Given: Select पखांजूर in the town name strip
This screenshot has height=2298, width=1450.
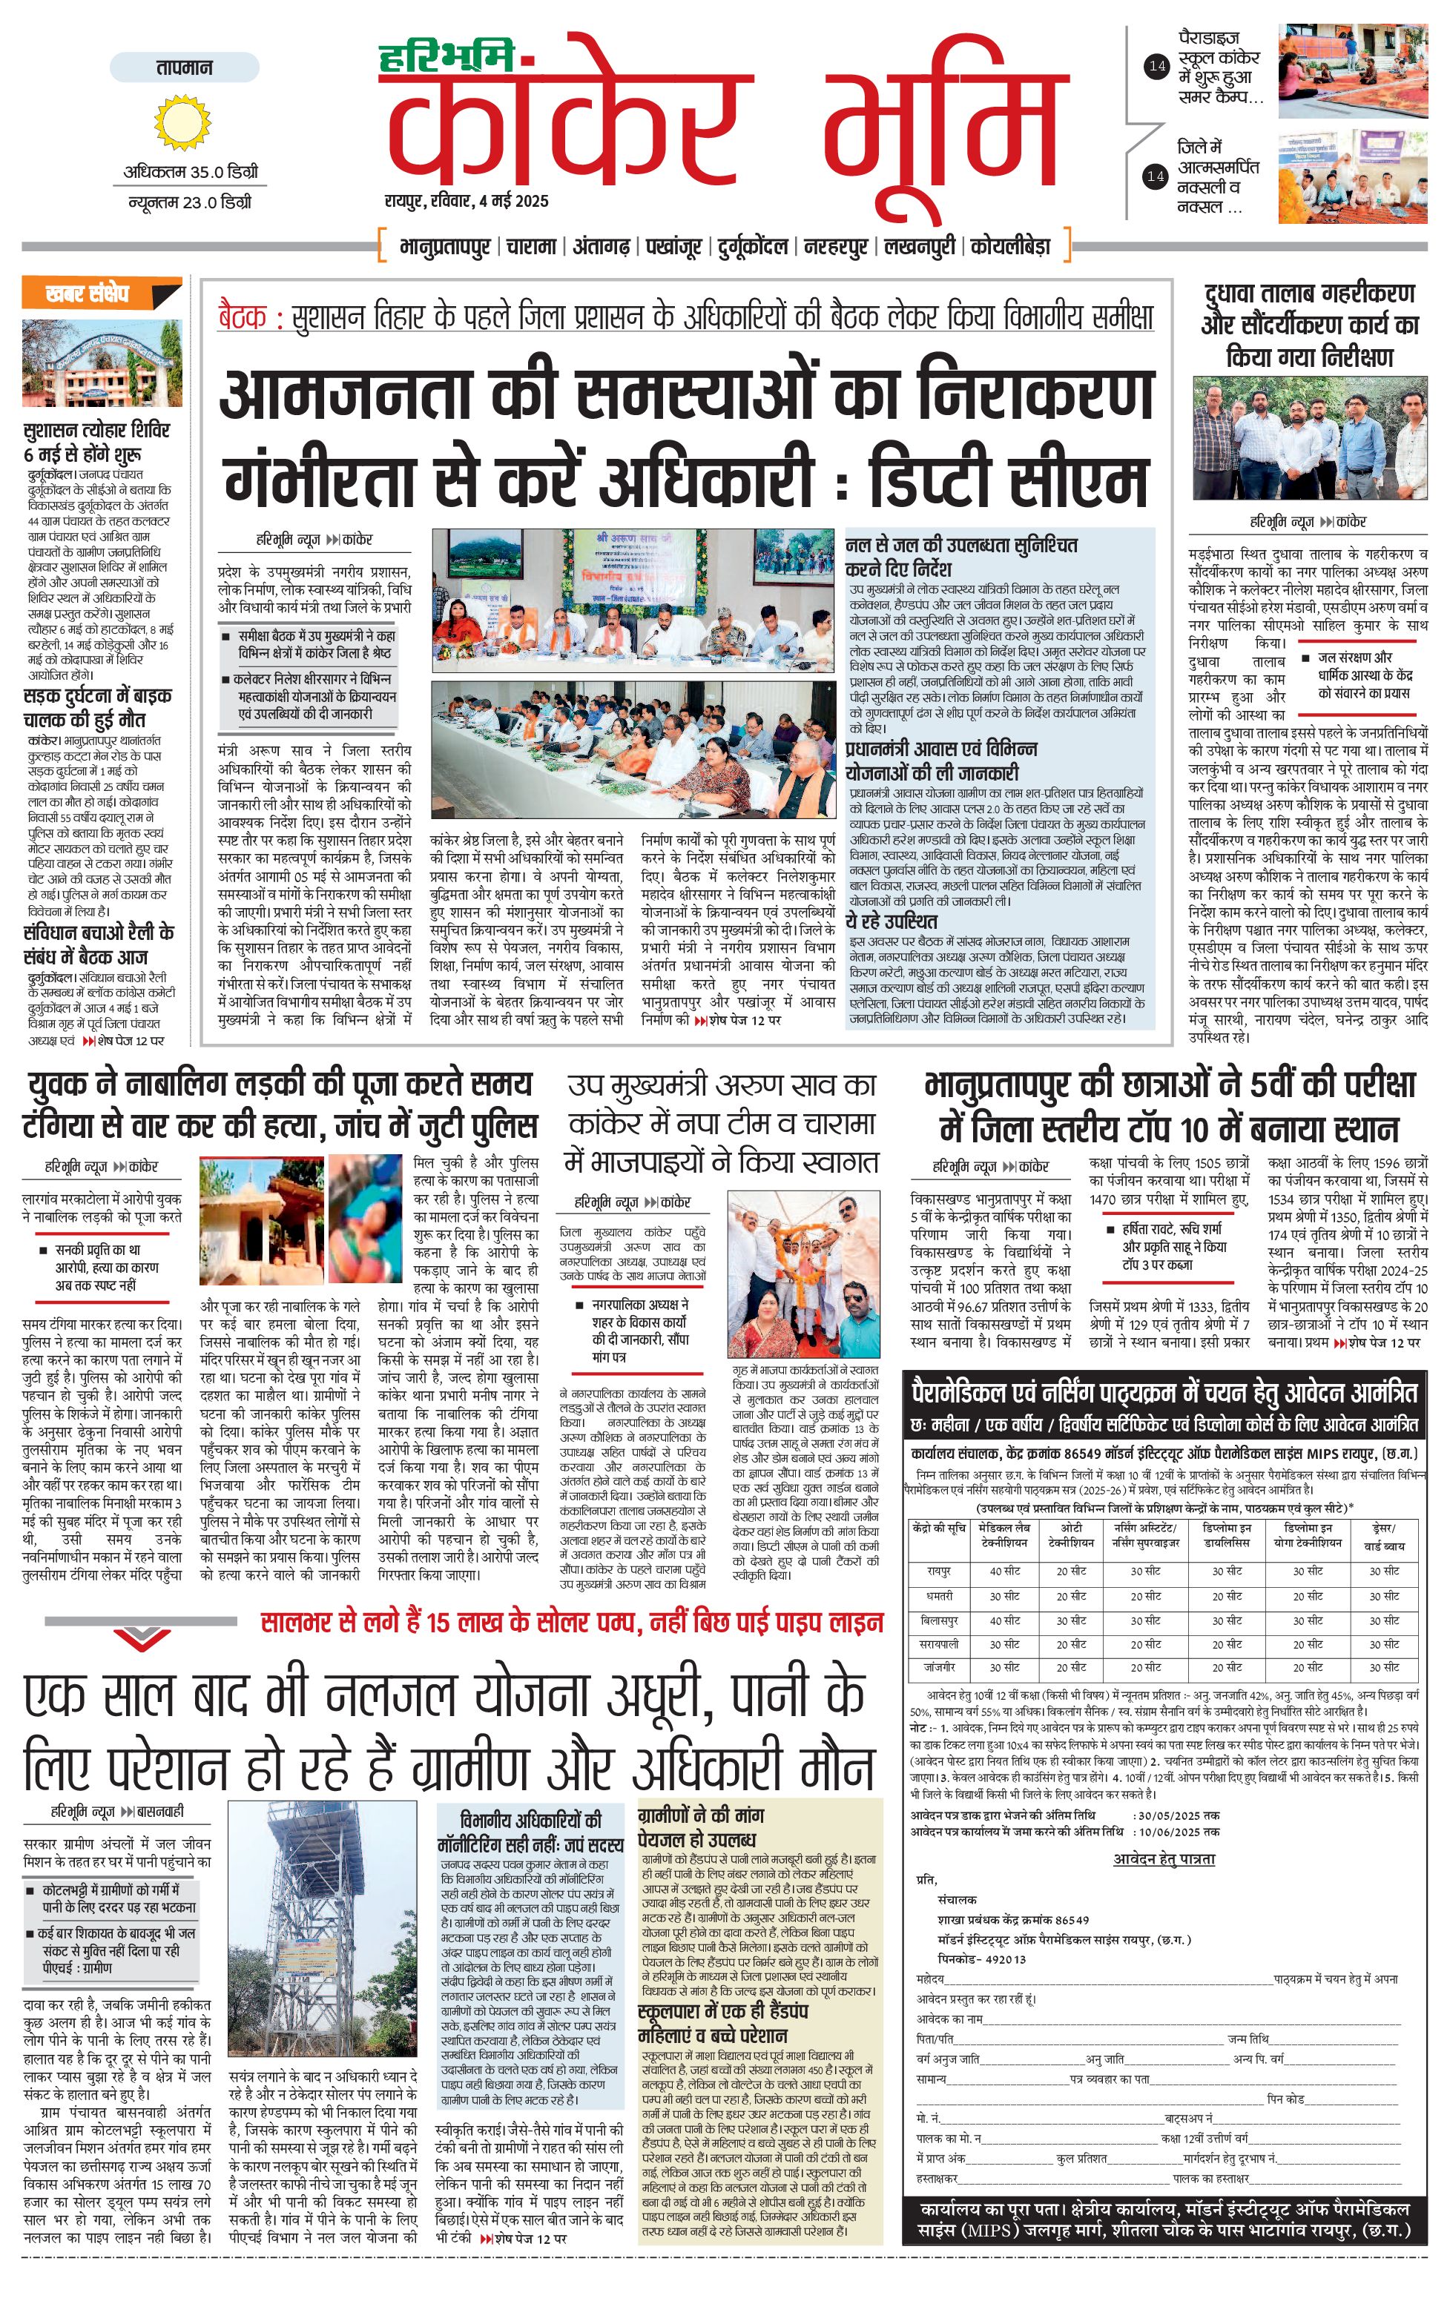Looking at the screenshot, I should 674,246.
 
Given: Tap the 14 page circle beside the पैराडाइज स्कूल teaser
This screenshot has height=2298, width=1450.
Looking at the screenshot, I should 1157,67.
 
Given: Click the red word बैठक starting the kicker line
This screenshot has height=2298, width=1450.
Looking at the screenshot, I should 243,317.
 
